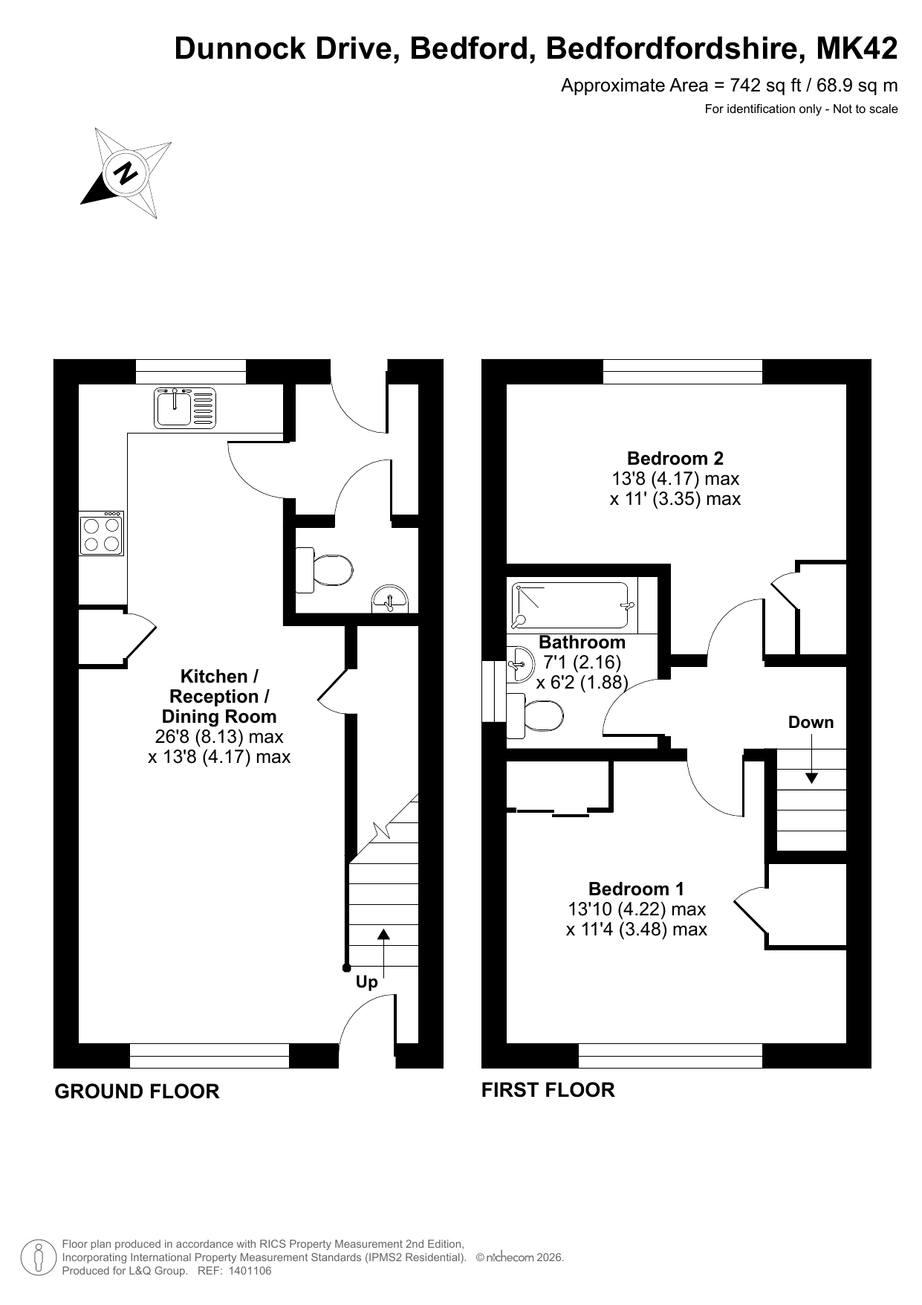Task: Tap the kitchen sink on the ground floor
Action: click(x=185, y=407)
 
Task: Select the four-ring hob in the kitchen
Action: click(x=102, y=534)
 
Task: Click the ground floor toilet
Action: click(x=324, y=570)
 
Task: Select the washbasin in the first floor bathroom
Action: click(x=520, y=663)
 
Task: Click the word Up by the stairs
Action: click(x=367, y=982)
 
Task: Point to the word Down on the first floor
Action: click(x=811, y=722)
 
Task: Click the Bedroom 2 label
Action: click(x=675, y=458)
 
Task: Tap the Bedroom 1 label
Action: click(x=636, y=889)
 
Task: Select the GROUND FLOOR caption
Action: click(x=137, y=1092)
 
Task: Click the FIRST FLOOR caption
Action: click(x=548, y=1090)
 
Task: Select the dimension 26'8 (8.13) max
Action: click(x=219, y=737)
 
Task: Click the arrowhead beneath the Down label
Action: click(x=811, y=778)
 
